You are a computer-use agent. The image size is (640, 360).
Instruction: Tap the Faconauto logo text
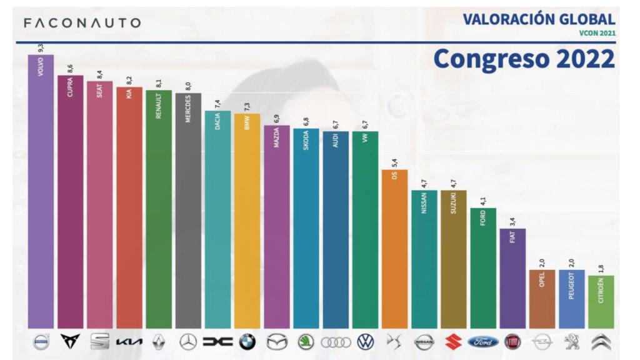pyautogui.click(x=81, y=23)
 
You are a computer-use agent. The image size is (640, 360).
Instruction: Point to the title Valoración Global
pyautogui.click(x=539, y=19)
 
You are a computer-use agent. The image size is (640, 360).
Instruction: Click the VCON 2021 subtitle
pyautogui.click(x=597, y=33)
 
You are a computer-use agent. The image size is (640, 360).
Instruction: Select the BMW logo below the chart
pyautogui.click(x=247, y=342)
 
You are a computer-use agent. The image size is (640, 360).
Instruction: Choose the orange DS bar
pyautogui.click(x=394, y=250)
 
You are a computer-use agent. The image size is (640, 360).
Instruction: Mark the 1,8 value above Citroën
pyautogui.click(x=601, y=267)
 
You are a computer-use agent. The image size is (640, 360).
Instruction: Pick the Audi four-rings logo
pyautogui.click(x=335, y=342)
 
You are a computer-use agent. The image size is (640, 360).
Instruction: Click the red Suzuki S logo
pyautogui.click(x=453, y=342)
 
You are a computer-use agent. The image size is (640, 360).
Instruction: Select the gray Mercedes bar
pyautogui.click(x=188, y=212)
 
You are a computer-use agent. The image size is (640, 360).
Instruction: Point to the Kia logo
pyautogui.click(x=129, y=342)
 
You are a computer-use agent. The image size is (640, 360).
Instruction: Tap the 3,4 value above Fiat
pyautogui.click(x=512, y=221)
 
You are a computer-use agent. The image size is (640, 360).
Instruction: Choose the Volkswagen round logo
pyautogui.click(x=365, y=342)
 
